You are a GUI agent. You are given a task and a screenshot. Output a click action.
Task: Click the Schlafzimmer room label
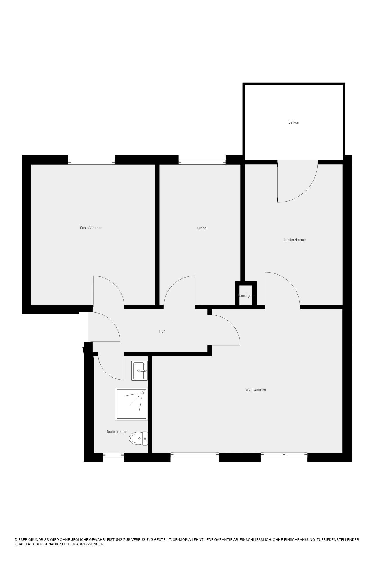[91, 228]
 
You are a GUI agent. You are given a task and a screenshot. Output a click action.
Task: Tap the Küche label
[202, 228]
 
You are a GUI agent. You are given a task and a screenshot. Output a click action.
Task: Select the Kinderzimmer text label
[295, 240]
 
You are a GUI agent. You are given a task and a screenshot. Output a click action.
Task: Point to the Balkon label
[294, 122]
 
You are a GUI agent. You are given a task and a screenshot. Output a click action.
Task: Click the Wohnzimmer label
[256, 389]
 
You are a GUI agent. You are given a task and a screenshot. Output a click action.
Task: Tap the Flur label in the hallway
[162, 331]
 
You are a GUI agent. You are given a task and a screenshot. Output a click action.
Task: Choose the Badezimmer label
[117, 432]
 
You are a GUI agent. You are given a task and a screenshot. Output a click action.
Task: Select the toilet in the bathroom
[138, 439]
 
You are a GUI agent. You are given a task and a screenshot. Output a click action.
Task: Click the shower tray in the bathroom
[131, 404]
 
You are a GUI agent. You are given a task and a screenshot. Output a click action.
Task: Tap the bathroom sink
[139, 370]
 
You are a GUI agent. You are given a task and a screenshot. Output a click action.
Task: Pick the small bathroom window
[113, 455]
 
